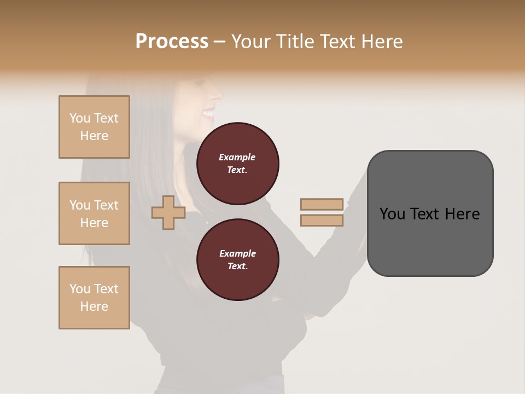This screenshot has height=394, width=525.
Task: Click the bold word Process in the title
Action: (172, 42)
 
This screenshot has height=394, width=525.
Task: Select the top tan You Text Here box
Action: (94, 127)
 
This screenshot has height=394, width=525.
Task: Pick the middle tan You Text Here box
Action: (94, 213)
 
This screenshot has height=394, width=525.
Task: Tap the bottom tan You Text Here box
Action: (94, 298)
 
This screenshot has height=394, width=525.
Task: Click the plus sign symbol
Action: (168, 212)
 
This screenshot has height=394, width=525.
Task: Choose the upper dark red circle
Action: (237, 164)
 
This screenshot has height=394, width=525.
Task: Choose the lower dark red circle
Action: (237, 260)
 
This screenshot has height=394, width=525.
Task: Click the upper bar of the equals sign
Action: (322, 204)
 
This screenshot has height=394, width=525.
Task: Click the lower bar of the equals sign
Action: (322, 220)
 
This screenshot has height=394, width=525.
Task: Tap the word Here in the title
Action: (381, 42)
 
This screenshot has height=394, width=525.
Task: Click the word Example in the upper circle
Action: (237, 157)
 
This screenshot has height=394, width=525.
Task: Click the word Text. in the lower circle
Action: (237, 266)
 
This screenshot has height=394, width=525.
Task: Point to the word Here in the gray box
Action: (462, 214)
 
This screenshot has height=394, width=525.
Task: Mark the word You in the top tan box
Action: (79, 118)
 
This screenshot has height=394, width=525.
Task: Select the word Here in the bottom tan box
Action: (94, 306)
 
